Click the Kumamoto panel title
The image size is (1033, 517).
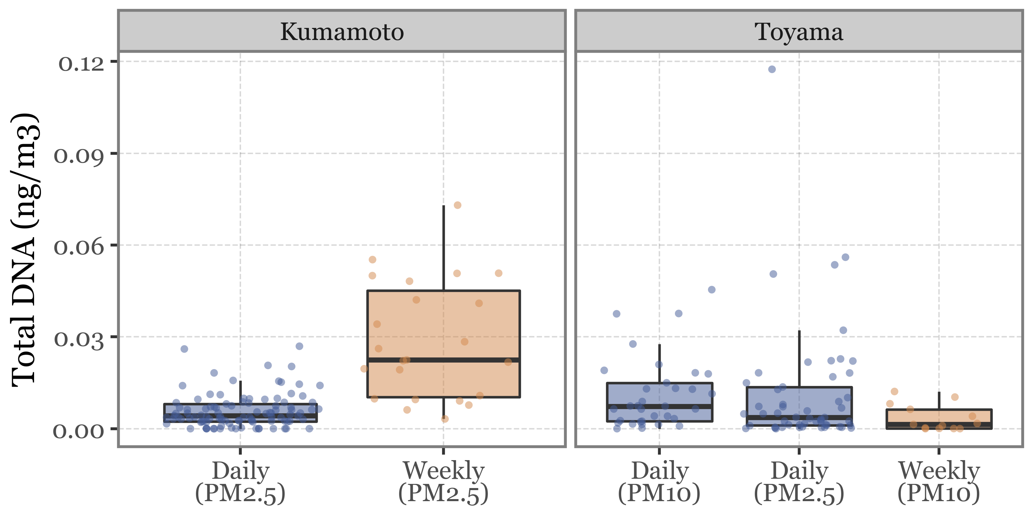point(342,32)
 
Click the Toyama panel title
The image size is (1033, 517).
point(799,32)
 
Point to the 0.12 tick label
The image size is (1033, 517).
point(81,63)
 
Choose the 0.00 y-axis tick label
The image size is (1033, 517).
point(79,431)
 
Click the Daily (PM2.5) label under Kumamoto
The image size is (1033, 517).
point(240,482)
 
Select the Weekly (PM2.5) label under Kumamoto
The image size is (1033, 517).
point(444,482)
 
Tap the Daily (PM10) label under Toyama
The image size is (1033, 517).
point(659,482)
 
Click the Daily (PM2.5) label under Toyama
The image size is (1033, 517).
point(799,482)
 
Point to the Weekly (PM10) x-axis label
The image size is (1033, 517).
point(939,482)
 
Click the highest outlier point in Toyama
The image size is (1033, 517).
point(772,69)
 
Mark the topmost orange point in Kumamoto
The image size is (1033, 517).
point(458,205)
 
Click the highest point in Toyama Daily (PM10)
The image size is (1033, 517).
point(712,290)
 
